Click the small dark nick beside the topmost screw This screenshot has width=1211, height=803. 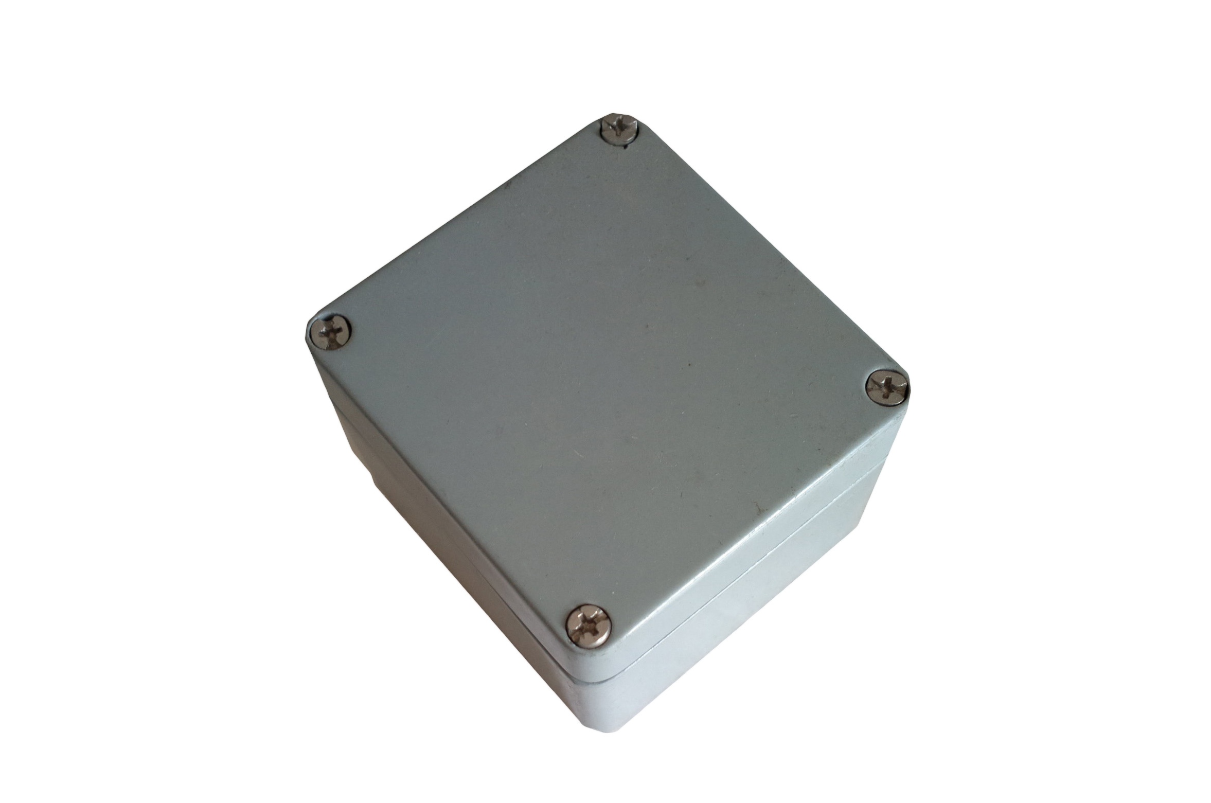625,148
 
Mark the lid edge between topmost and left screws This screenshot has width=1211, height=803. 463,221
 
